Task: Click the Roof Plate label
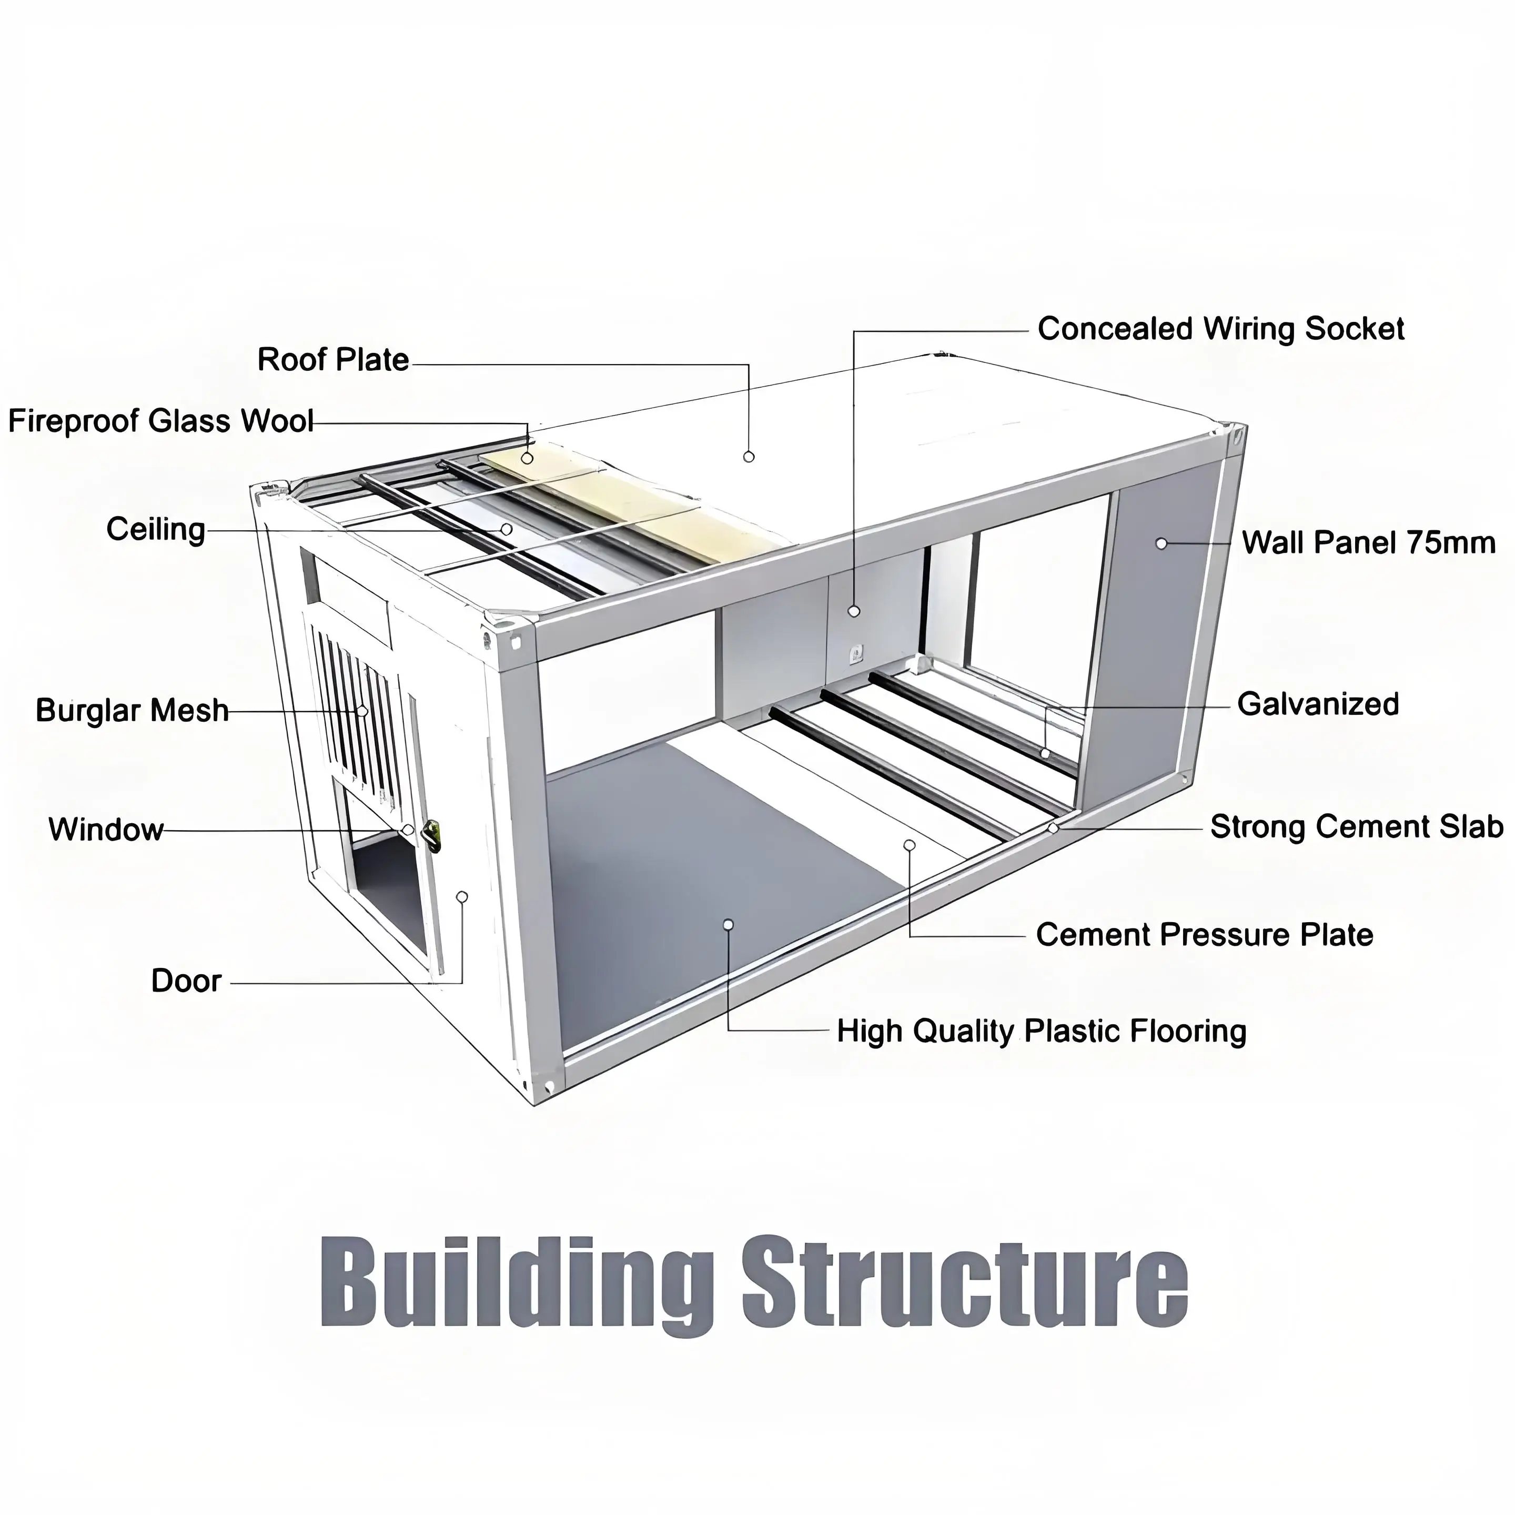(x=334, y=360)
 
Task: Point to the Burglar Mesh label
(x=132, y=711)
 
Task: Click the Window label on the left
(x=106, y=830)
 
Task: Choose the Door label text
(x=186, y=981)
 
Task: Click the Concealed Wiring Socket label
(x=1220, y=329)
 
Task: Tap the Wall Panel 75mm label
(x=1368, y=543)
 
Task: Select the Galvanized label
(x=1317, y=704)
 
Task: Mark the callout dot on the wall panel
(x=1161, y=543)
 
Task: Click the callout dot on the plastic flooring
(x=728, y=925)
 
